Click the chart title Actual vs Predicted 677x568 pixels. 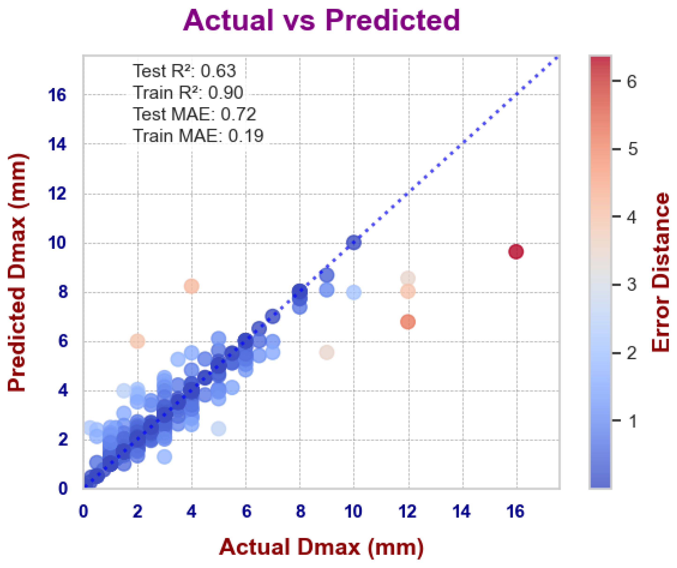(321, 20)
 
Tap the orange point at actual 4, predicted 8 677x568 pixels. (192, 286)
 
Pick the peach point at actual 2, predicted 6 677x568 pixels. (138, 341)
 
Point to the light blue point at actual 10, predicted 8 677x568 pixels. (354, 292)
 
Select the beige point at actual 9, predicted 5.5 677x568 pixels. (327, 352)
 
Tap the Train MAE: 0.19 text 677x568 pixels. (198, 136)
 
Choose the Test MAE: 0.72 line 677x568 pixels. (194, 114)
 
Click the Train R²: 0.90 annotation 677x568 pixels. (188, 93)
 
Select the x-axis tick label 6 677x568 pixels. (246, 511)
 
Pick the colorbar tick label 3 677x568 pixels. (632, 284)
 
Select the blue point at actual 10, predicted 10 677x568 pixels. (354, 242)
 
